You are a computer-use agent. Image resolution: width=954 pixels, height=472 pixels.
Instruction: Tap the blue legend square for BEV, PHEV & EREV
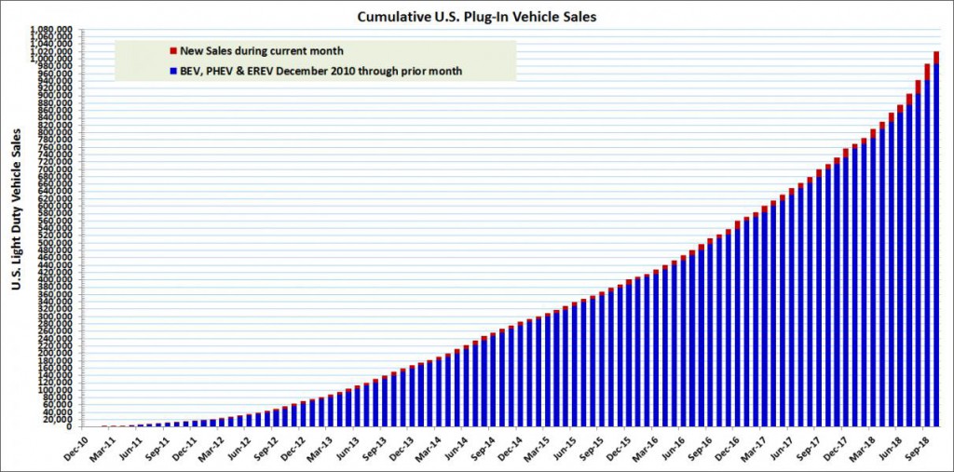click(x=172, y=70)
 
